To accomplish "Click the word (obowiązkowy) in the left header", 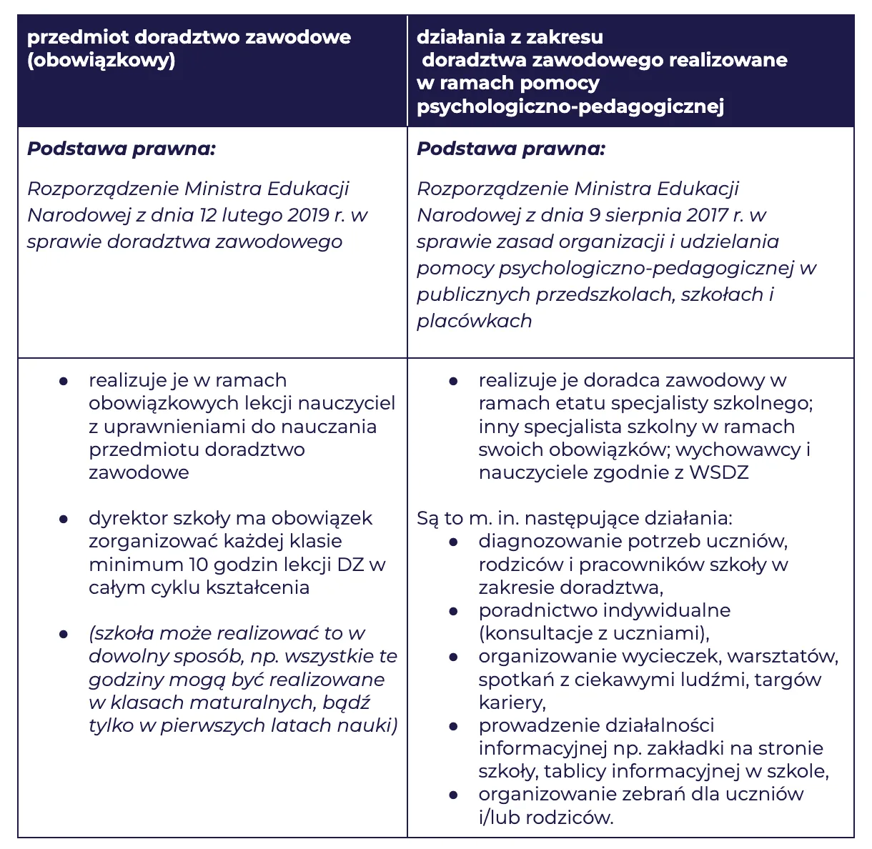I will point(101,60).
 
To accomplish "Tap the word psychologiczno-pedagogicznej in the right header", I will point(570,106).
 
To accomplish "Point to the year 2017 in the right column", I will point(708,215).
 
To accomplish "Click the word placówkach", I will point(474,321).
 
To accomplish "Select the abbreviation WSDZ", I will point(718,472).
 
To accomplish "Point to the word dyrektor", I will point(124,518).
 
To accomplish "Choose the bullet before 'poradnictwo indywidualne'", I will point(453,612).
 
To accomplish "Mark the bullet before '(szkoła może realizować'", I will point(64,635).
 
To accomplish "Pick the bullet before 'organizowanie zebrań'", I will point(453,795).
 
